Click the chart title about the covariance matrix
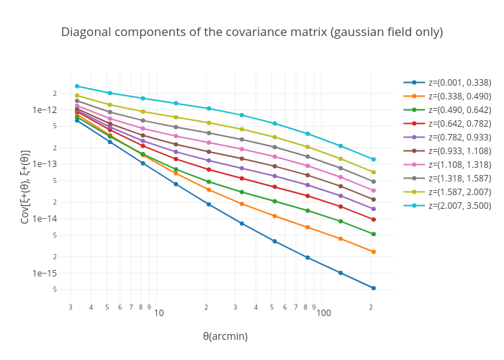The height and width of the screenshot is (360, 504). [x=251, y=32]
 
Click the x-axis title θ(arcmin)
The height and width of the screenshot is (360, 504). [x=225, y=336]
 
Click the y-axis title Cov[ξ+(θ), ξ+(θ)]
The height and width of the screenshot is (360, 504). [x=25, y=186]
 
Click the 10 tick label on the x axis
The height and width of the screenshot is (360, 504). [x=159, y=312]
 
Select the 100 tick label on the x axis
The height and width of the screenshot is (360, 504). [x=324, y=312]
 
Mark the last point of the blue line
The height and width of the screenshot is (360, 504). [x=373, y=288]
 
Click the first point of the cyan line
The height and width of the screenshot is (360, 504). [x=77, y=86]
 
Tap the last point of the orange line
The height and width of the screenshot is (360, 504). [x=373, y=252]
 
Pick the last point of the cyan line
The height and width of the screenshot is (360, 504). [x=373, y=159]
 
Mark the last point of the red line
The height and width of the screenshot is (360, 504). [x=373, y=220]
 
